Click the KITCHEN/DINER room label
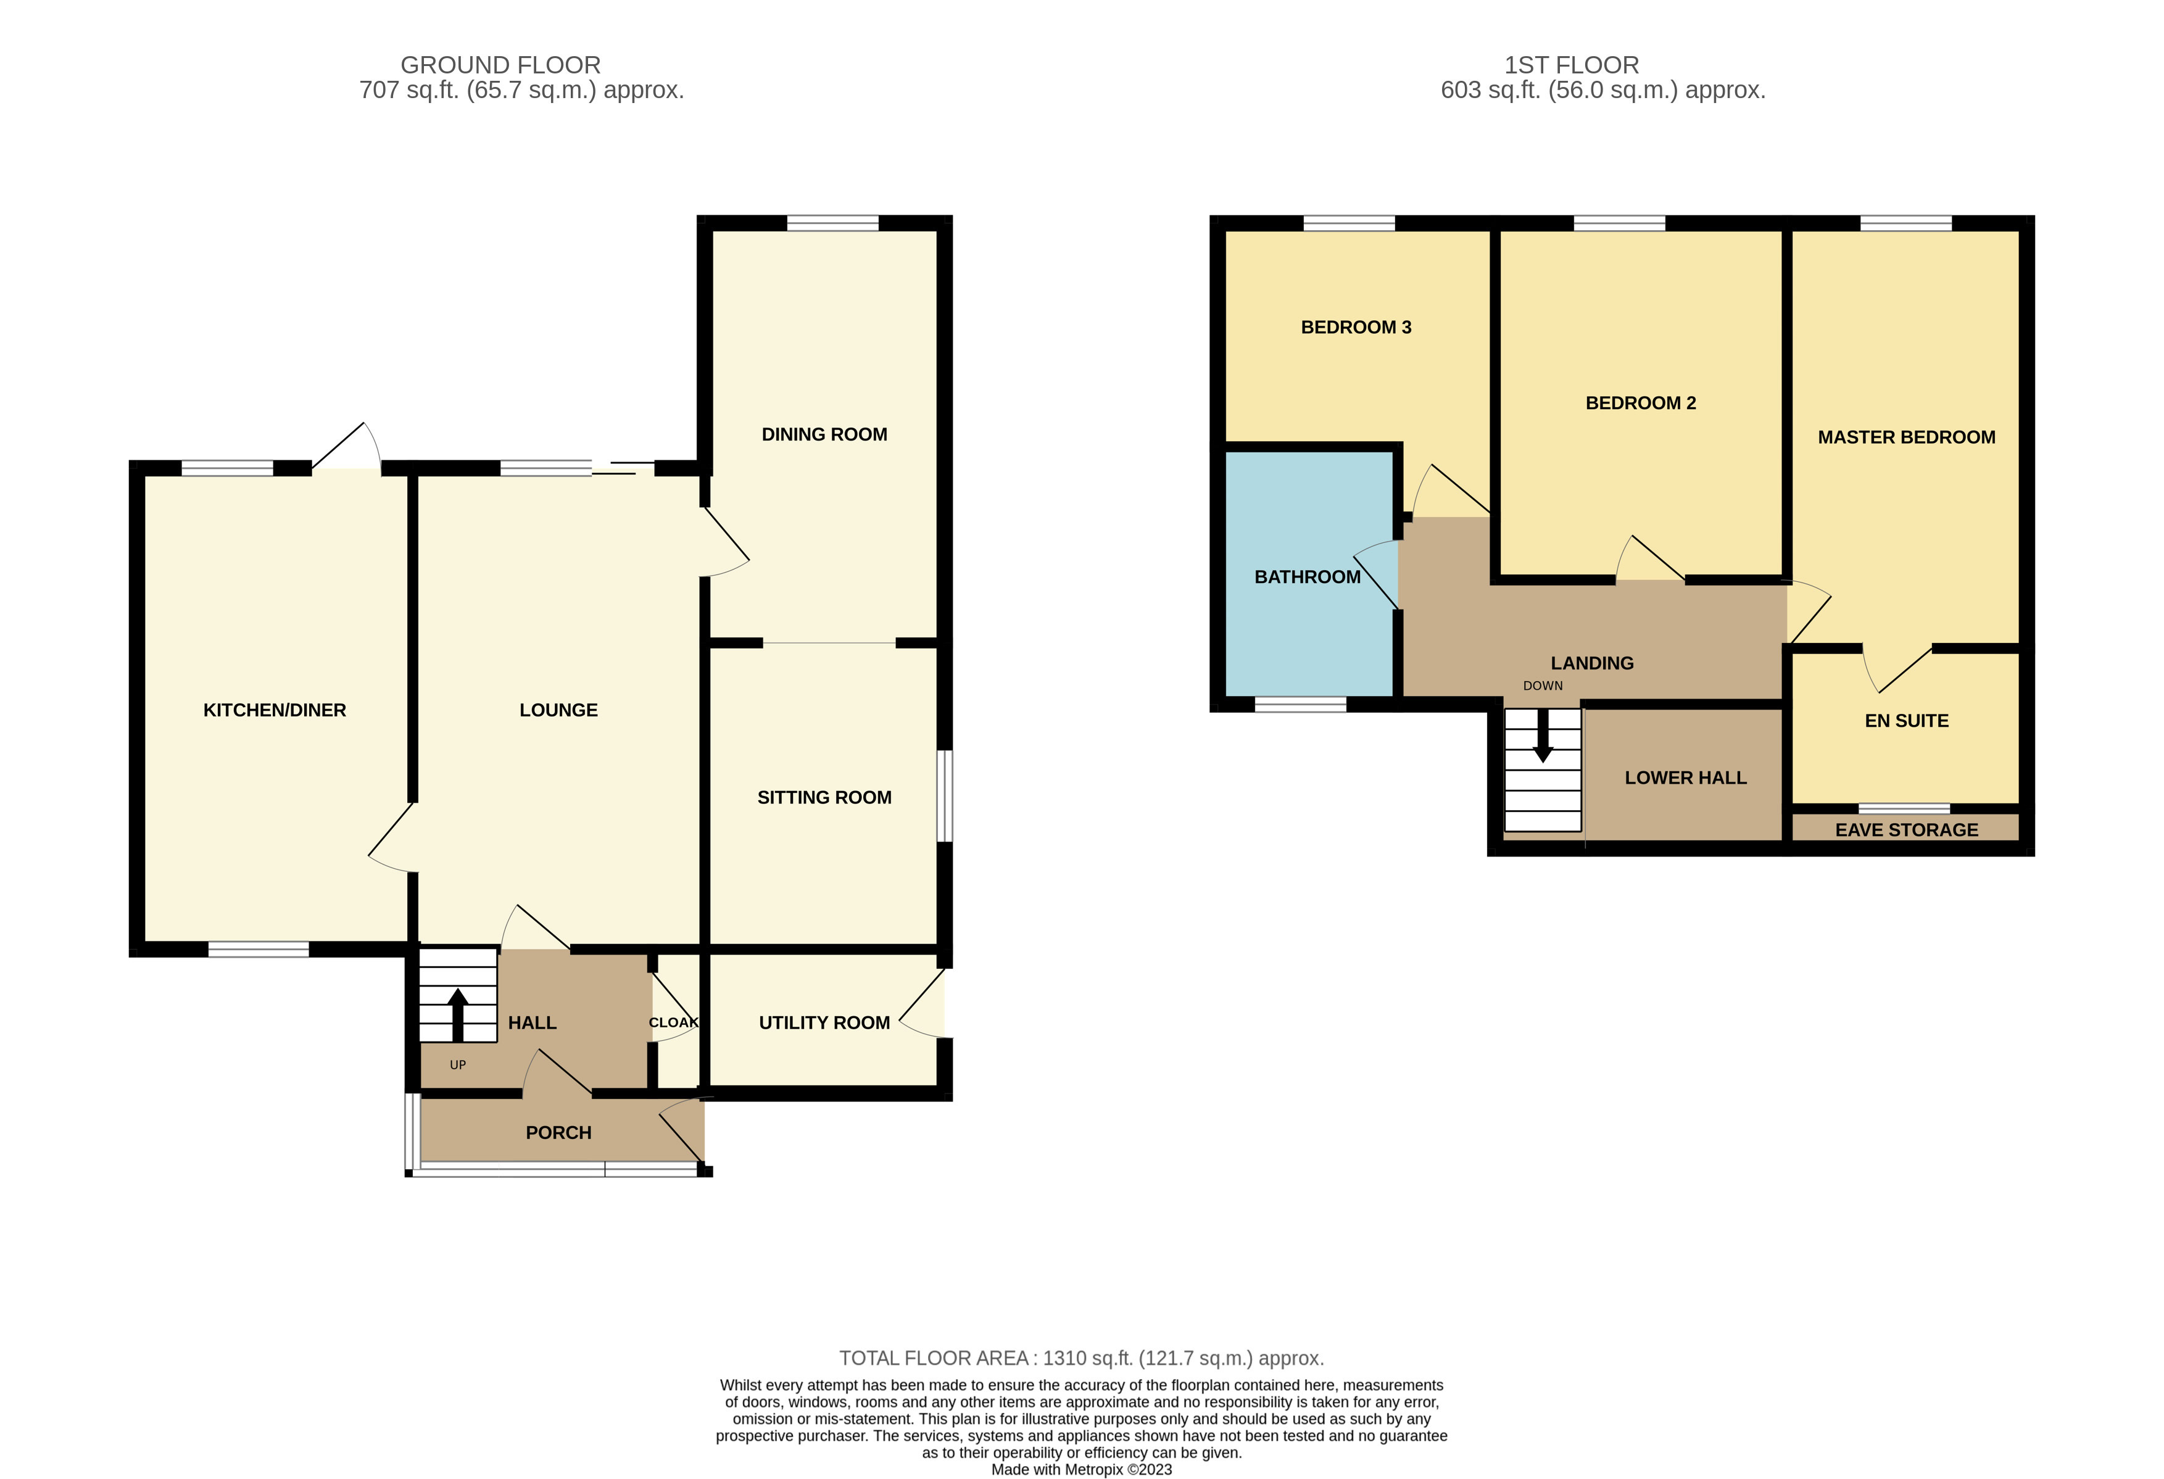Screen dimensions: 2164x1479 [x=275, y=711]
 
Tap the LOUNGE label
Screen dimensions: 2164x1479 [x=558, y=711]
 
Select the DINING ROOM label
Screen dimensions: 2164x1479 [x=824, y=435]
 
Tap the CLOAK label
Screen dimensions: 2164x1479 [x=673, y=1022]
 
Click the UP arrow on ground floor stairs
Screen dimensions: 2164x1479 [x=457, y=1014]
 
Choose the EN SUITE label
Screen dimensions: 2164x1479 [x=1906, y=721]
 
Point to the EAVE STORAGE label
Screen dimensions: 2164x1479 [x=1906, y=830]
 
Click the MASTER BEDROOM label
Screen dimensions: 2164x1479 [x=1906, y=437]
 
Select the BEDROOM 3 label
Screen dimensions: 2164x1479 [x=1356, y=328]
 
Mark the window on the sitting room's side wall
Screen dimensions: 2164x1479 [x=944, y=797]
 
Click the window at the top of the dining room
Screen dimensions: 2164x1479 [x=832, y=223]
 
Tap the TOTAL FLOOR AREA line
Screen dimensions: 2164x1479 [x=1081, y=1359]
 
